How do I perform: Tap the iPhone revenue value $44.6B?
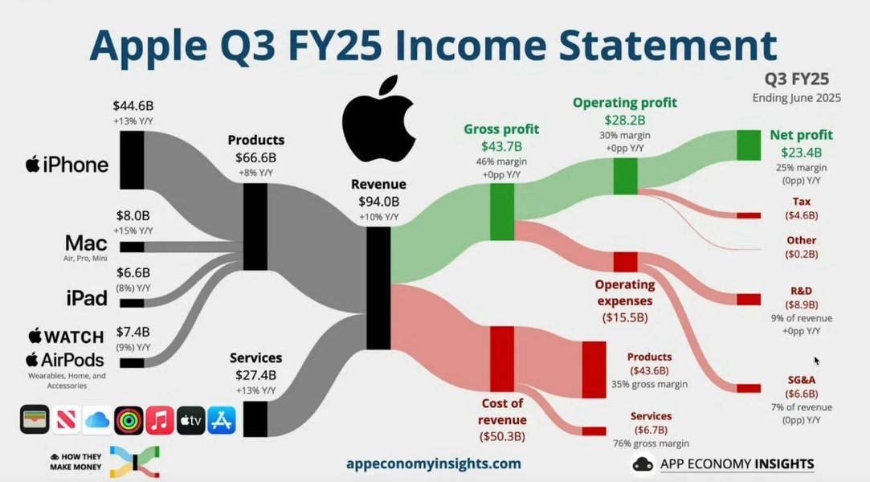(133, 105)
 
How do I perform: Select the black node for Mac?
(132, 247)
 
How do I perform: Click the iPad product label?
(87, 298)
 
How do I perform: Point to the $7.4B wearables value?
(133, 332)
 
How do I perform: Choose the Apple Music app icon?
(160, 420)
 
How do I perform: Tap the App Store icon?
(222, 420)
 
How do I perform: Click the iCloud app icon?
(98, 420)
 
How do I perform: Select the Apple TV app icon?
(191, 420)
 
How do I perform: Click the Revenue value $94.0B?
(378, 202)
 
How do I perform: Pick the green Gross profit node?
(502, 212)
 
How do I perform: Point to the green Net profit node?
(749, 145)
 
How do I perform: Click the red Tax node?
(749, 215)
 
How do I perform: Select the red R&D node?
(749, 300)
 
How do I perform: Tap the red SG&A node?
(749, 388)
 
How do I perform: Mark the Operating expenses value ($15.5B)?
(625, 318)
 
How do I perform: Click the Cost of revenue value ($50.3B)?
(502, 436)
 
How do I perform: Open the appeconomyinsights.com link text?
(433, 464)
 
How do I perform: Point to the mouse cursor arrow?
(817, 361)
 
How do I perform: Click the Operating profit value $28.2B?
(625, 120)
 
